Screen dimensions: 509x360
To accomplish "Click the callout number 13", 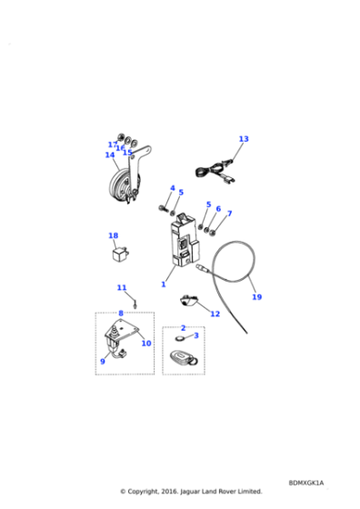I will click(x=243, y=139).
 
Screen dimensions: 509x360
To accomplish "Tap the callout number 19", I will click(x=256, y=297).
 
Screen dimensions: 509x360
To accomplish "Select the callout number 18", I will click(x=114, y=236).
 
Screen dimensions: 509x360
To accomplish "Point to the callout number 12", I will click(x=215, y=314).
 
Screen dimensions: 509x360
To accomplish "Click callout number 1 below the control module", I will click(x=164, y=284).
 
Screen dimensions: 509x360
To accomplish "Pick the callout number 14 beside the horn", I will click(x=110, y=155).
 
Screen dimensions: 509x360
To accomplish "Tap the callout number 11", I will click(x=121, y=288).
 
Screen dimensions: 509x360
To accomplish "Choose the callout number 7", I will click(x=229, y=214).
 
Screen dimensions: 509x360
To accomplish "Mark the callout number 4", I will click(x=172, y=188).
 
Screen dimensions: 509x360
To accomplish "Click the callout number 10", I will click(x=145, y=344).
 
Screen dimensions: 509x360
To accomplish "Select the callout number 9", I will click(x=103, y=362).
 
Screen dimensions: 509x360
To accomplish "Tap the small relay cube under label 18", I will click(x=118, y=254).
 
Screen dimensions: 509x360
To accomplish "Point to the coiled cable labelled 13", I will click(x=215, y=169).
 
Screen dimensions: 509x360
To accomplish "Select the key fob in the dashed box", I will click(x=183, y=358).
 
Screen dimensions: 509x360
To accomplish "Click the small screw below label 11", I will click(x=135, y=303).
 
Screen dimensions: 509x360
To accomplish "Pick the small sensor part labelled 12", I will click(x=190, y=299).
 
